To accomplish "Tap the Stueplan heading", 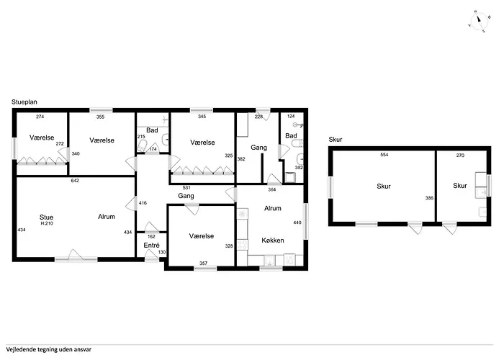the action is click(x=24, y=102).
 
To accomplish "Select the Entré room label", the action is click(x=151, y=246).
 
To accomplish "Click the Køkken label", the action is click(x=273, y=240).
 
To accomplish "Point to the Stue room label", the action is click(x=46, y=217).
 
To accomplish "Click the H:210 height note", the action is click(x=47, y=223).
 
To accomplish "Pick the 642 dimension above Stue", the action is click(x=75, y=181).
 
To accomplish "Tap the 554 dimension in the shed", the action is click(x=384, y=155).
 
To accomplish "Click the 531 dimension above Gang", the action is click(x=186, y=188).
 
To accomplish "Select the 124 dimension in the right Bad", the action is click(x=291, y=117).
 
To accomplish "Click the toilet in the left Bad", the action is click(x=142, y=146).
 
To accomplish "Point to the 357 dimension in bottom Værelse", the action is click(x=204, y=263).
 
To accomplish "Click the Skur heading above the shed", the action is click(x=336, y=140).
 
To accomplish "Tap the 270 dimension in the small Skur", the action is click(x=460, y=156).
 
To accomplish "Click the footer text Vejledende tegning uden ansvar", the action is click(x=48, y=349).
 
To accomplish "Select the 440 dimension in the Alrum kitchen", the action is click(x=297, y=222).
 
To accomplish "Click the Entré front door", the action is click(x=152, y=255).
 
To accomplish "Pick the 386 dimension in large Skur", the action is click(x=429, y=198).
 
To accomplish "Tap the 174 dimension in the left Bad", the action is click(x=153, y=149).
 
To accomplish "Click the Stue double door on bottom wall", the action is click(x=76, y=255).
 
